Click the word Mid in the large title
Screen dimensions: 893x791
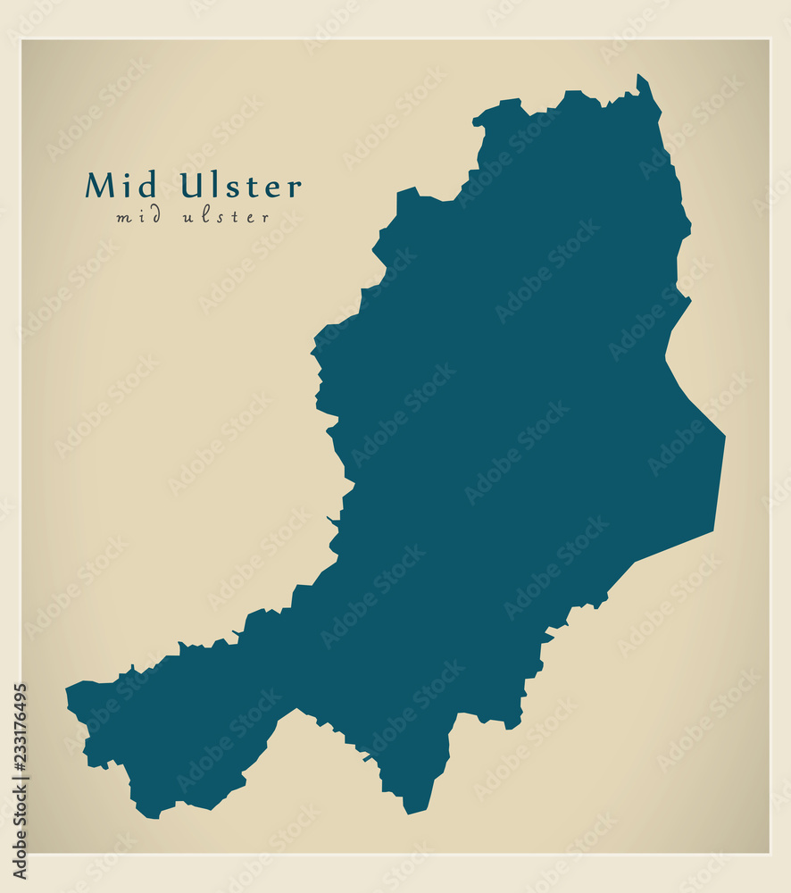tap(121, 186)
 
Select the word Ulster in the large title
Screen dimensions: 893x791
tap(241, 186)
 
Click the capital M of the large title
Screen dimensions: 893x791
tap(101, 186)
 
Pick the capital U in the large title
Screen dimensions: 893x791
tap(192, 186)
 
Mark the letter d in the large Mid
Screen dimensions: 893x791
tap(147, 186)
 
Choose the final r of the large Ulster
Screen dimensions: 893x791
tap(295, 188)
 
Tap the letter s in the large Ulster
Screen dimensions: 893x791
tap(235, 188)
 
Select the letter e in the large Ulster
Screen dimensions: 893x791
tap(273, 188)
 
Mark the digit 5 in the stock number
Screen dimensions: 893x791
tap(20, 690)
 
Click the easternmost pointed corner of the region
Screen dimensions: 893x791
tap(724, 437)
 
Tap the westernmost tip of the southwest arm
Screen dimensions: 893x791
tap(68, 690)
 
